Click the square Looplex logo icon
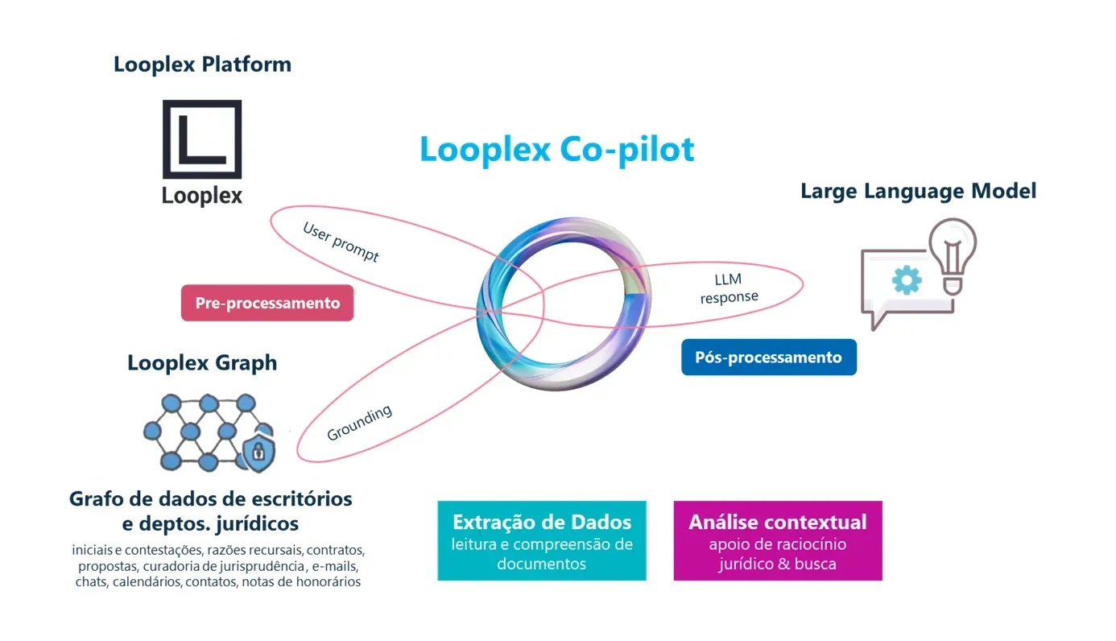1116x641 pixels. click(202, 139)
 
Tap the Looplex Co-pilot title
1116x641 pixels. click(557, 150)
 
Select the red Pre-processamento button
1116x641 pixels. click(267, 303)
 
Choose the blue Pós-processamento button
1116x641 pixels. click(769, 358)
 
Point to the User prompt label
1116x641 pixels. click(341, 242)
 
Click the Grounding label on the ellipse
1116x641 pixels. click(359, 423)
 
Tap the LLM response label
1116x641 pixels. click(729, 288)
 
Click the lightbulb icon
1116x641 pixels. click(953, 257)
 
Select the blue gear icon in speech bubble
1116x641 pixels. click(907, 280)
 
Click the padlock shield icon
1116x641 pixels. click(258, 452)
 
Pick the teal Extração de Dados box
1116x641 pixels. click(542, 541)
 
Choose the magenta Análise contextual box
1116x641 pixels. click(778, 541)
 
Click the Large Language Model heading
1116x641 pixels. click(918, 191)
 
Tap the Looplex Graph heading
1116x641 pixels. click(202, 363)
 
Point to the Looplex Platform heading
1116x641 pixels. click(202, 64)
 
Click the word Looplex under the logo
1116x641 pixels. click(202, 196)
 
